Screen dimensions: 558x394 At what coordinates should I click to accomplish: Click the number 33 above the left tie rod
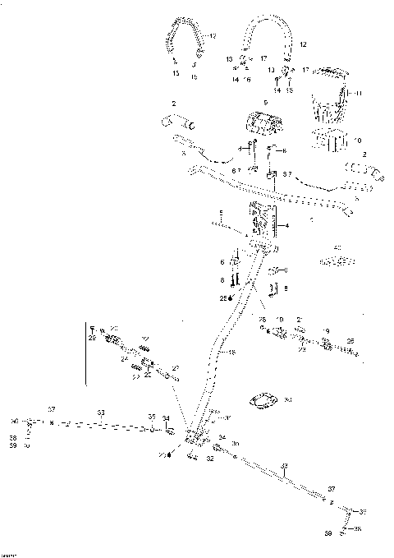[101, 412]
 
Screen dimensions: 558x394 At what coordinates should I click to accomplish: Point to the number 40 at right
[337, 247]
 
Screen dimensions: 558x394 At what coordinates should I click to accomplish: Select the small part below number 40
[335, 261]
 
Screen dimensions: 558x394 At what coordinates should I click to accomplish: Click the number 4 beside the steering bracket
[285, 224]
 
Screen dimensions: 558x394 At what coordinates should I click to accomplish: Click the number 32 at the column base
[210, 460]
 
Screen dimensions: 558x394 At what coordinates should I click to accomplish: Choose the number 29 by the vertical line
[91, 338]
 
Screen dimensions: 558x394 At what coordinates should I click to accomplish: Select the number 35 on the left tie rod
[150, 417]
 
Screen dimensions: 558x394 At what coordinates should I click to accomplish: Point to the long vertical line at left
[86, 353]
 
